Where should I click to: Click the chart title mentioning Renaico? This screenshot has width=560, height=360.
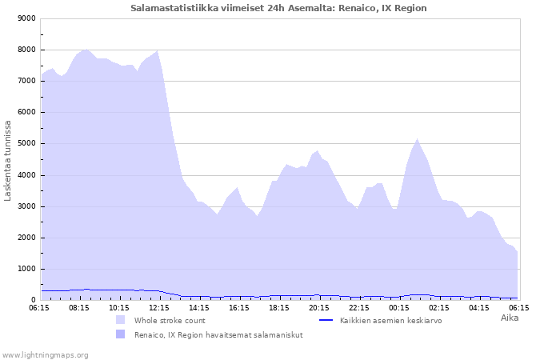click(278, 8)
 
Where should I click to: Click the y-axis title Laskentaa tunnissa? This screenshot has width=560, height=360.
click(8, 160)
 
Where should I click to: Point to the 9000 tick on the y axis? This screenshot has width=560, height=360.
click(26, 18)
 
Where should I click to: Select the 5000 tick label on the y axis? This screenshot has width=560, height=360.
click(26, 144)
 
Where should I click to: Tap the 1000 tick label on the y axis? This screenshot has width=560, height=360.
click(26, 269)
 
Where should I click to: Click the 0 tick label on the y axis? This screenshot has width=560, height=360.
click(33, 300)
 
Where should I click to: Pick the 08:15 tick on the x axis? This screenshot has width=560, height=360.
click(79, 307)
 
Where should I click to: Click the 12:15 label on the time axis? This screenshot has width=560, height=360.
click(159, 307)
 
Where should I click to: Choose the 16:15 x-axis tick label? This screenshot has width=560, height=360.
click(239, 307)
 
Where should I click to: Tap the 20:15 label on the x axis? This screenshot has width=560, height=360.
click(319, 307)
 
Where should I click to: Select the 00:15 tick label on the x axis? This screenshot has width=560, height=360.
click(399, 307)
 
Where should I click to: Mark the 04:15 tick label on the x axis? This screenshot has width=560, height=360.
click(478, 307)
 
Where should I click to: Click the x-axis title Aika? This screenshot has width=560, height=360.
click(510, 318)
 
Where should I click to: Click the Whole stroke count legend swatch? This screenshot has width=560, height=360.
click(120, 320)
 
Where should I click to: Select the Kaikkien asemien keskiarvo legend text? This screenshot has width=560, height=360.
click(390, 320)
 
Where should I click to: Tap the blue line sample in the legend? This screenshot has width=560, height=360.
click(326, 320)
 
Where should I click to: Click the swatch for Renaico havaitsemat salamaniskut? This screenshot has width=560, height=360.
click(120, 334)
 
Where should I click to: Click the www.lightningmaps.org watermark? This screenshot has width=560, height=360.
click(45, 354)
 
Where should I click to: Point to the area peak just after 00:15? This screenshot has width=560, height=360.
click(417, 139)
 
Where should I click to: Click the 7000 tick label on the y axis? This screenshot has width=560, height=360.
click(26, 81)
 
